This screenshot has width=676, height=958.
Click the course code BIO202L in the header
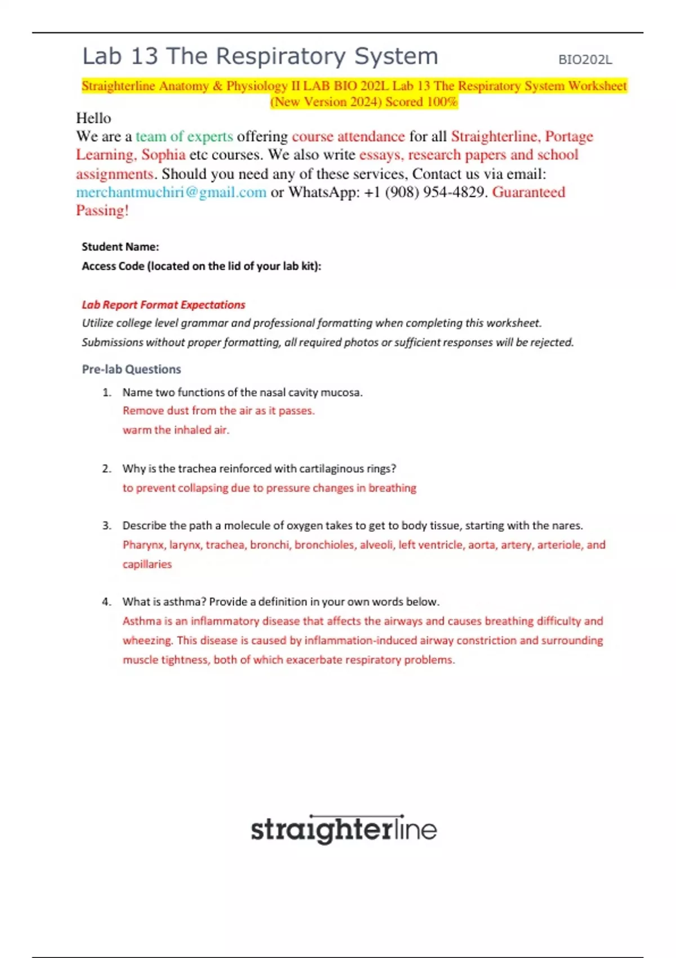click(x=585, y=60)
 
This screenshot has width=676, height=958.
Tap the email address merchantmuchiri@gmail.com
click(x=171, y=192)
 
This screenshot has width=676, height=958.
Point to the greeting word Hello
click(x=94, y=118)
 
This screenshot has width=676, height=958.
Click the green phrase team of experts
click(x=184, y=136)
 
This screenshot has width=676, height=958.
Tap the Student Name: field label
click(x=120, y=247)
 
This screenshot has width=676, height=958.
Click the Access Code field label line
click(x=201, y=266)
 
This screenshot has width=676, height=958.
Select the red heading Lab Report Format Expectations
click(x=163, y=305)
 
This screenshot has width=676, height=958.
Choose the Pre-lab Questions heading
click(x=131, y=369)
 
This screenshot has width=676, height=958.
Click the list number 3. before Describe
click(x=107, y=526)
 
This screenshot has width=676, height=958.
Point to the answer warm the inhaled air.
click(x=176, y=430)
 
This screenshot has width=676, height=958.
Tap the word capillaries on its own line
click(x=147, y=564)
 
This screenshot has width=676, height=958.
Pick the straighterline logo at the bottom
click(x=344, y=830)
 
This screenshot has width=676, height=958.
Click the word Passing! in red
click(x=103, y=211)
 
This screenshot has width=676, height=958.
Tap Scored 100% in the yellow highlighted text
click(x=421, y=102)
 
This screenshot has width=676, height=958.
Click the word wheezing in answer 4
click(x=147, y=641)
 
